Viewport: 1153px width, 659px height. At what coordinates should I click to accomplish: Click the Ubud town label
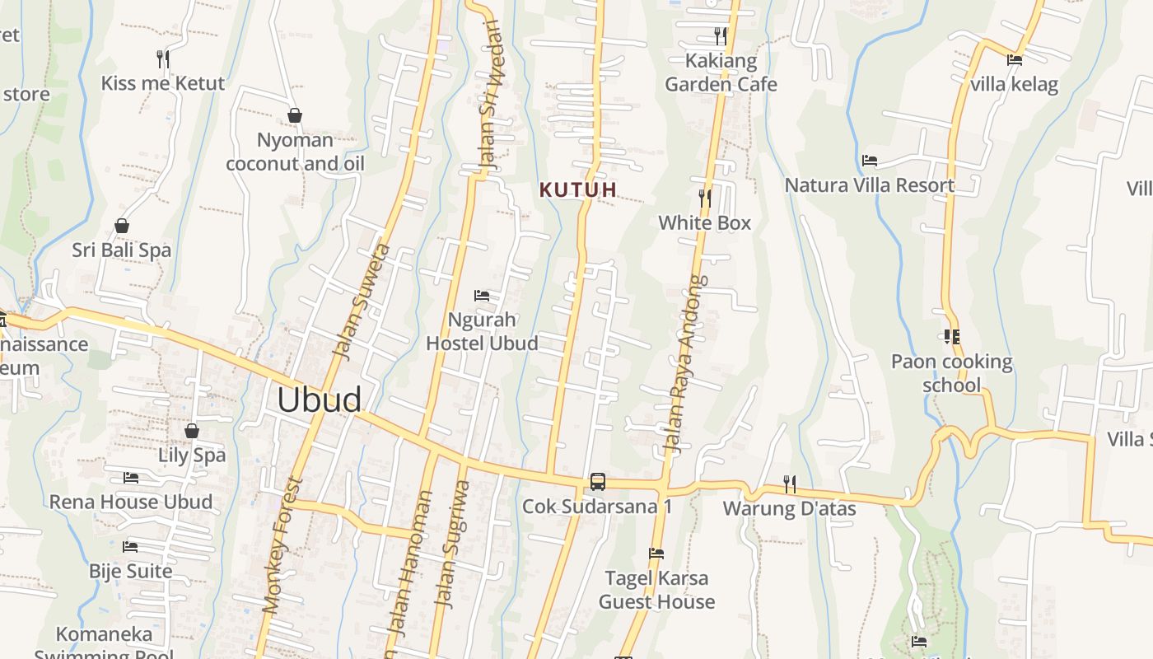coord(319,400)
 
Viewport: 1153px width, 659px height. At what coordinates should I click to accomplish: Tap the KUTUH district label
coord(577,189)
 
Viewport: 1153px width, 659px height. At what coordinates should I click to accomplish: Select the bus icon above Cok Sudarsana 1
coord(597,482)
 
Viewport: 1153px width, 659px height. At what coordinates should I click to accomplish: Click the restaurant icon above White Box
coord(705,198)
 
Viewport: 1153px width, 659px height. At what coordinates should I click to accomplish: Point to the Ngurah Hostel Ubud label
coord(482,331)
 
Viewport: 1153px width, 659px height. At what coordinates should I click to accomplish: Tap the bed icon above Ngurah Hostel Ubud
coord(482,295)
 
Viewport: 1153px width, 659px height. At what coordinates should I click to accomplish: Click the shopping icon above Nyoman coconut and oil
coord(294,115)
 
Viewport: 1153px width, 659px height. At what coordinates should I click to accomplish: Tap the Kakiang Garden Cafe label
coord(721,72)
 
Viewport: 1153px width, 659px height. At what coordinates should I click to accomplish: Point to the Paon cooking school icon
coord(952,336)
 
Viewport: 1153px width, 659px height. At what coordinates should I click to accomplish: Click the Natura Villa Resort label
coord(869,185)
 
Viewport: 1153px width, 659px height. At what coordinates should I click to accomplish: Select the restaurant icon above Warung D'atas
coord(789,483)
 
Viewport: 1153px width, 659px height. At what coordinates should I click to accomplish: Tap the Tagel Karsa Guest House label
coord(656,590)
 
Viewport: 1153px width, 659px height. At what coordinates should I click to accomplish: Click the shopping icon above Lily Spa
coord(192,431)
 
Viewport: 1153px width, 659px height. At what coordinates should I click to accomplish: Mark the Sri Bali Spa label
coord(121,250)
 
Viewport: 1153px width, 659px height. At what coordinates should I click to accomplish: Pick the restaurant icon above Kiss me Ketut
coord(163,58)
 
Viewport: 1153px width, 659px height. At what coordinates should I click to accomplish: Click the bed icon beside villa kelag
coord(1015,59)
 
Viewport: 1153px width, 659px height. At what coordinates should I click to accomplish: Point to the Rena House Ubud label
coord(130,502)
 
